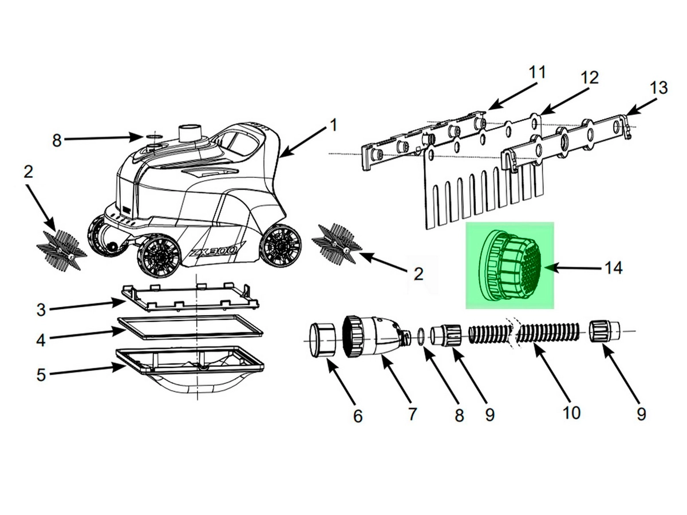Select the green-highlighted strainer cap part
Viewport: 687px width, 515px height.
[x=511, y=266]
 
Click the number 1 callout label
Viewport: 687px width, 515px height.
[x=333, y=125]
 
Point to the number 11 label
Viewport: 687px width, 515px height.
[x=537, y=73]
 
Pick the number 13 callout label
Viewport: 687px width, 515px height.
[x=658, y=88]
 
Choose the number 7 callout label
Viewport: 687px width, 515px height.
[x=412, y=414]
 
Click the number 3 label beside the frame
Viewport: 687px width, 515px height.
[x=41, y=310]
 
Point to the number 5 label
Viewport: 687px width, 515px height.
[x=41, y=374]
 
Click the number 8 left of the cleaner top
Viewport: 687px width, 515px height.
[x=57, y=141]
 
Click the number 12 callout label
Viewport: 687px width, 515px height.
[x=590, y=78]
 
